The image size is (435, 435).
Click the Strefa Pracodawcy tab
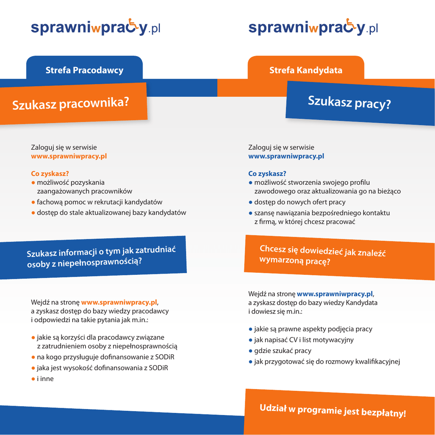[84, 70]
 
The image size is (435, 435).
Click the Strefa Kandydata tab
[305, 70]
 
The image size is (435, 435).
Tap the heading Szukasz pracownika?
[71, 103]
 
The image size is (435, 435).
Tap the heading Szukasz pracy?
[349, 102]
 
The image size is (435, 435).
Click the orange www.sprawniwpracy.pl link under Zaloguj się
[69, 156]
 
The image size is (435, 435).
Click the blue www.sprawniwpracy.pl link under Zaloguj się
[286, 156]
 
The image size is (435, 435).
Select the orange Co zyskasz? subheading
[50, 173]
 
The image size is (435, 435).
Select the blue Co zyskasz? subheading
[267, 173]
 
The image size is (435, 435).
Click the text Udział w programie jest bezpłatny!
[333, 410]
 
